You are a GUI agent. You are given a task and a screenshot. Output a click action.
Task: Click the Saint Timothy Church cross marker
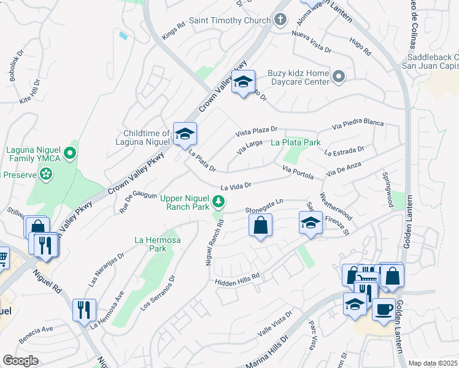pyautogui.click(x=280, y=20)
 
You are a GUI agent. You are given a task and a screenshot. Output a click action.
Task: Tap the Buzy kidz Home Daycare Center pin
pyautogui.click(x=339, y=77)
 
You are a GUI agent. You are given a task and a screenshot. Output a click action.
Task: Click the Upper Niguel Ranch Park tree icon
pyautogui.click(x=218, y=201)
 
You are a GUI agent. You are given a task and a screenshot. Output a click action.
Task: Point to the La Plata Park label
pyautogui.click(x=296, y=142)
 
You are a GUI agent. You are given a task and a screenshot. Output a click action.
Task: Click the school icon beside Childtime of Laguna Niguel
pyautogui.click(x=184, y=134)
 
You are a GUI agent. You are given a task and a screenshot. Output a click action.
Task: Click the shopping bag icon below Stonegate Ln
pyautogui.click(x=261, y=224)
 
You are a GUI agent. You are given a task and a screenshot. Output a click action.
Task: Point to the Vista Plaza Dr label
pyautogui.click(x=257, y=131)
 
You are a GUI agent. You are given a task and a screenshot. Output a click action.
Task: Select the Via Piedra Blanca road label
pyautogui.click(x=357, y=125)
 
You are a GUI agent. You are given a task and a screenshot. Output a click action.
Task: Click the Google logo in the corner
pyautogui.click(x=20, y=360)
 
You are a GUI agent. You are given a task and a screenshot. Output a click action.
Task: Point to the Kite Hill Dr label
pyautogui.click(x=30, y=90)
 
